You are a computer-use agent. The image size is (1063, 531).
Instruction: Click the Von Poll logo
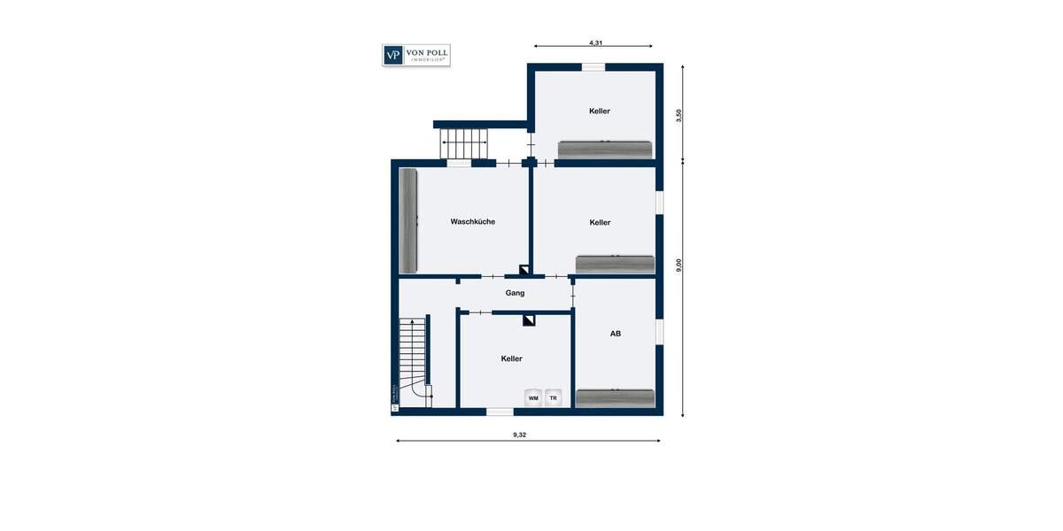click(x=415, y=55)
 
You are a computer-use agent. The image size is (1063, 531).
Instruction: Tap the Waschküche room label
click(x=472, y=221)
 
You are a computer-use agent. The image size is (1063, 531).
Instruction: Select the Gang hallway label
click(x=515, y=292)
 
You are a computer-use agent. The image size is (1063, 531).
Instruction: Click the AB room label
click(x=615, y=334)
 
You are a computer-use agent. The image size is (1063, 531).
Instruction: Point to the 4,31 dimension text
click(x=595, y=42)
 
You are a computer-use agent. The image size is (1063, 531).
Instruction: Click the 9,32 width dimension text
click(x=525, y=435)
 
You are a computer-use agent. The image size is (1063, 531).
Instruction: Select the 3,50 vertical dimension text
click(x=679, y=115)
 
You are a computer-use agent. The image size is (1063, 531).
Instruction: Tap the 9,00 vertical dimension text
click(x=679, y=265)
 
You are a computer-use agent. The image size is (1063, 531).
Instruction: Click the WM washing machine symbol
click(x=533, y=398)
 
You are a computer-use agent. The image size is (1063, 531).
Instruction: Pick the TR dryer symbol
click(x=554, y=398)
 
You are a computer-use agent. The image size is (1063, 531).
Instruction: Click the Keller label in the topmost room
click(x=600, y=111)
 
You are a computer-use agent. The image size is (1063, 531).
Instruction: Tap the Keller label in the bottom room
click(x=511, y=358)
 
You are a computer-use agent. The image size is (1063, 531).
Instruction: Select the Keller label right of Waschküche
click(x=600, y=222)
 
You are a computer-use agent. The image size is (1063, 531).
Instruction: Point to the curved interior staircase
click(x=413, y=363)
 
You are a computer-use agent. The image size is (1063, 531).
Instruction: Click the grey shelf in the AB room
click(x=615, y=398)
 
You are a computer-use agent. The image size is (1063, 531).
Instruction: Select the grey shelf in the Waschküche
click(x=407, y=221)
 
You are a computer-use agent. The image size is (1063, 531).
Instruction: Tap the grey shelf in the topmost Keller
click(x=604, y=150)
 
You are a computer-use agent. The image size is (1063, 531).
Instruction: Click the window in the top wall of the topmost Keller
click(x=593, y=66)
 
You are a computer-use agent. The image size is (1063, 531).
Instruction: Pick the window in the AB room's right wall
click(x=659, y=331)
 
